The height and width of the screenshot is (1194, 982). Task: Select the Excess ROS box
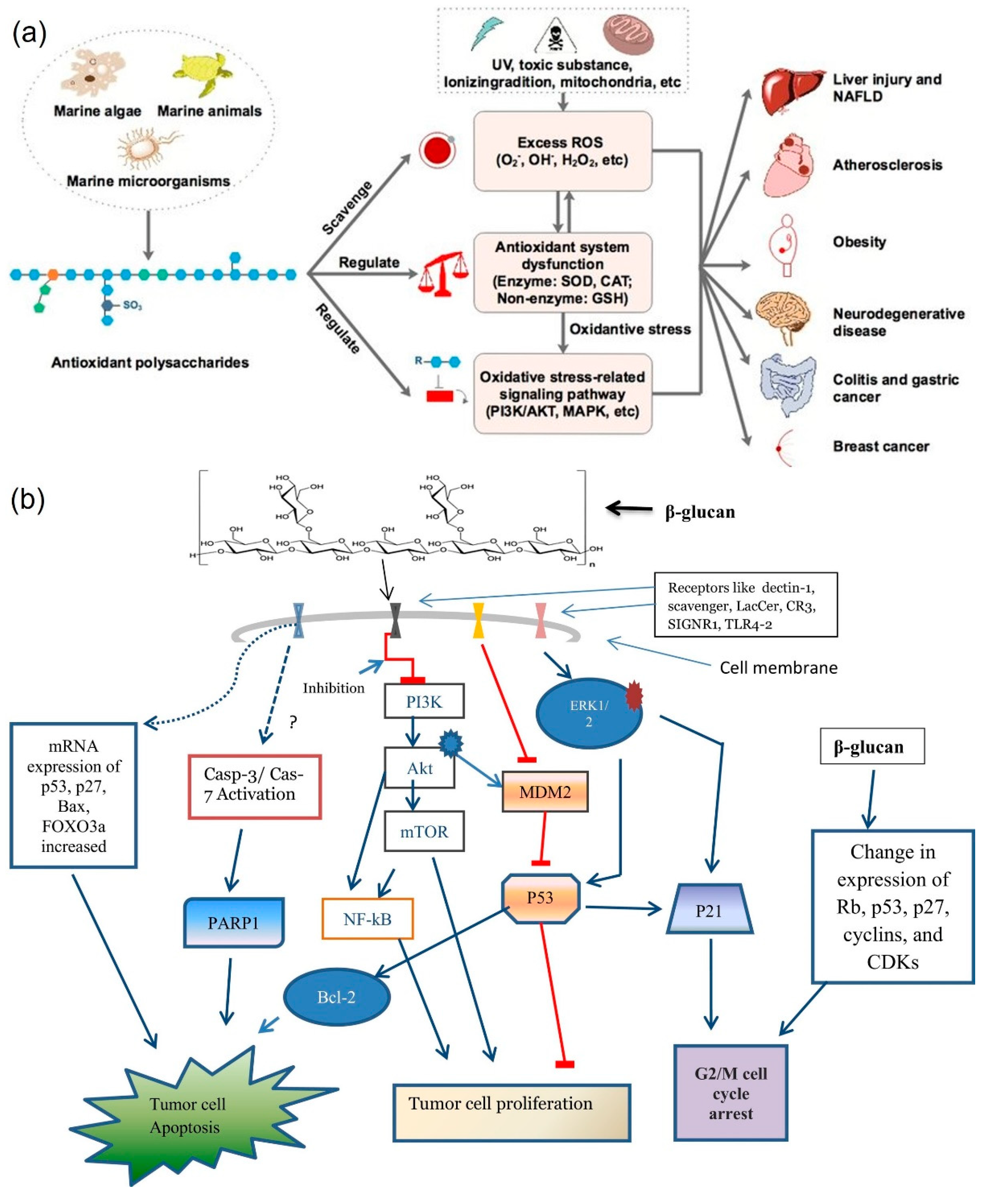[562, 151]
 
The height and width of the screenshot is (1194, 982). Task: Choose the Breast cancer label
[881, 446]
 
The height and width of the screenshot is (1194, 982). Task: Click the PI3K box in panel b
[424, 701]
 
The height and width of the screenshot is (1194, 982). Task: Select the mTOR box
[424, 831]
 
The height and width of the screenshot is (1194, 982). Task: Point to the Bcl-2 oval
[336, 997]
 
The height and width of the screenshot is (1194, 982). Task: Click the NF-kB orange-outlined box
[368, 918]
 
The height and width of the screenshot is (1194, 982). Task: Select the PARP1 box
[234, 923]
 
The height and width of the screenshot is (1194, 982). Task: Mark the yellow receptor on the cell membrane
[479, 621]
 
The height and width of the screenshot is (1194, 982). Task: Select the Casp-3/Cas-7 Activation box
[254, 786]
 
